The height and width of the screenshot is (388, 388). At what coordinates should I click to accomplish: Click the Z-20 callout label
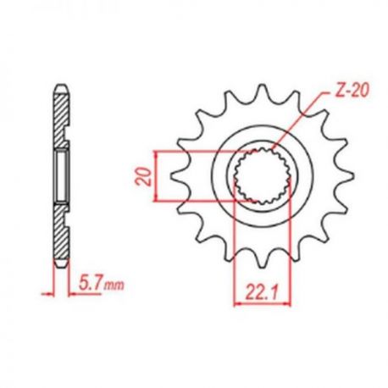pos(352,90)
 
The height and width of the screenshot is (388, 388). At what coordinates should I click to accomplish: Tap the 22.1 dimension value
pos(262,292)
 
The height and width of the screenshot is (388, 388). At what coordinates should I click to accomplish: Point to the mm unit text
pos(114,285)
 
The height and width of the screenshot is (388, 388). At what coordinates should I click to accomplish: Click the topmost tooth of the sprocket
pos(262,91)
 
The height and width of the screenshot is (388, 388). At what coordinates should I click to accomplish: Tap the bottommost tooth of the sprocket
pos(262,259)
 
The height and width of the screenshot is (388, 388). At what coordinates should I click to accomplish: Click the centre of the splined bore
pos(263,175)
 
